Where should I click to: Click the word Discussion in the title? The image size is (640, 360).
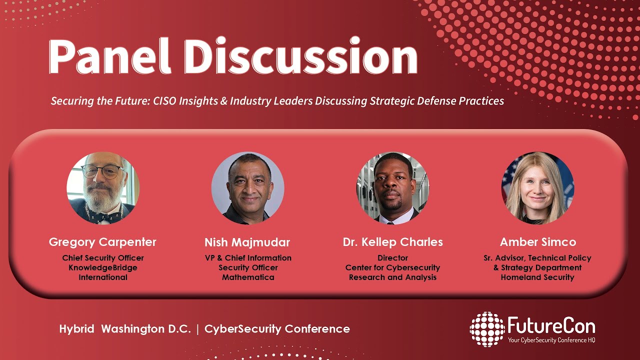click(x=304, y=56)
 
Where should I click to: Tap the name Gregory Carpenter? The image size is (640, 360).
click(x=102, y=242)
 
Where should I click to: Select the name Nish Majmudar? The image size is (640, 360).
click(x=247, y=243)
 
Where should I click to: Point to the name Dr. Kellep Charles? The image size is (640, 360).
click(x=393, y=242)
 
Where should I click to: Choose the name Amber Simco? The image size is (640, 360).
click(x=538, y=242)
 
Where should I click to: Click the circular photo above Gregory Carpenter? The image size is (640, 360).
click(x=103, y=188)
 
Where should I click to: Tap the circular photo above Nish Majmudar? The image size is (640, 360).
click(x=248, y=188)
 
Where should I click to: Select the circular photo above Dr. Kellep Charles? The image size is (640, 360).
click(x=393, y=188)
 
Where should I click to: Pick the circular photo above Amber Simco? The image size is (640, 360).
click(x=538, y=188)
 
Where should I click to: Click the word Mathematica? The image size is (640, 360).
click(x=248, y=277)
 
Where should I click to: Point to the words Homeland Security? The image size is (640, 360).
click(x=537, y=277)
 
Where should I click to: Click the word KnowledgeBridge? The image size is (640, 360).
click(x=103, y=267)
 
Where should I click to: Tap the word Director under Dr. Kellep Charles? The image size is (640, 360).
click(x=393, y=258)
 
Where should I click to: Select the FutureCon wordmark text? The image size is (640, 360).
click(x=551, y=326)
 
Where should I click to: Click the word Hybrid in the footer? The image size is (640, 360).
click(x=77, y=329)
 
